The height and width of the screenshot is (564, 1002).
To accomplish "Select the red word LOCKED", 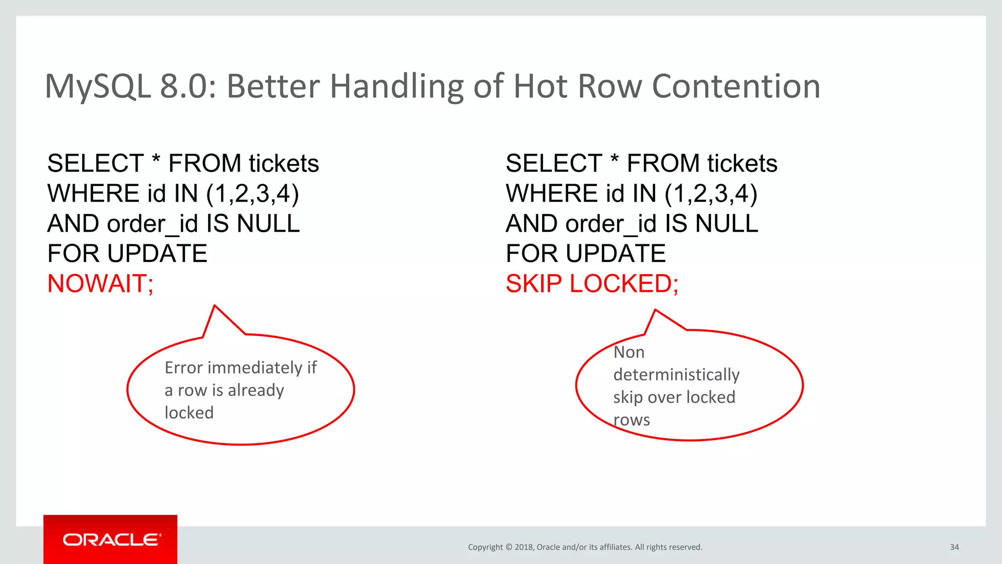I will (x=621, y=284).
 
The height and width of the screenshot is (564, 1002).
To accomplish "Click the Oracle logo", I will (x=111, y=540).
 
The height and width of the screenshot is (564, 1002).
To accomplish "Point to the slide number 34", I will (x=954, y=547).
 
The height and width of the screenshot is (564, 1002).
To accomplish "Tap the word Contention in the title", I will (x=736, y=87).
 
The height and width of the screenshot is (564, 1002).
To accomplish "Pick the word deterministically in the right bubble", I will (x=676, y=375).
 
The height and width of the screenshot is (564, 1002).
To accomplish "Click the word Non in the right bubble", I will (x=629, y=352).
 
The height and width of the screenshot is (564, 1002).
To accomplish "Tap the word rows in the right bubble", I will (x=631, y=420).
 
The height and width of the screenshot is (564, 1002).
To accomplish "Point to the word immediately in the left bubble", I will (x=255, y=368).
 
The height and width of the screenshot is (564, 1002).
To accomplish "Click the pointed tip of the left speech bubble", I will (x=215, y=306).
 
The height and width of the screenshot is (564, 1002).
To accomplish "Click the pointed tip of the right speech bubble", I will (x=655, y=310).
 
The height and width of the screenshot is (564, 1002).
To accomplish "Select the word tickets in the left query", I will (x=283, y=164).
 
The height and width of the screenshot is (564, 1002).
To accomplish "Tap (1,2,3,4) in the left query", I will (x=252, y=194).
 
